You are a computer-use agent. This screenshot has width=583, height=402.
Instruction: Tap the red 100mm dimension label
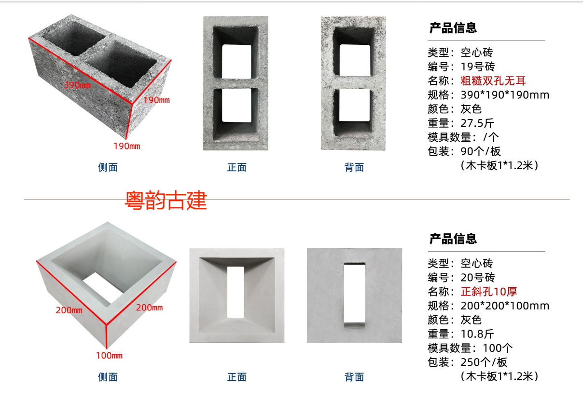point(109,356)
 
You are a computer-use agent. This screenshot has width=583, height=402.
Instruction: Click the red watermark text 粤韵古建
point(166,201)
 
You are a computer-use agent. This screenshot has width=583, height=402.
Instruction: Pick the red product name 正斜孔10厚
point(489,292)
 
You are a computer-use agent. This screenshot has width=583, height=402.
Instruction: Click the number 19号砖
point(478,67)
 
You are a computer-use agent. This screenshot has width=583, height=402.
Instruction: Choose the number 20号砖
point(478,278)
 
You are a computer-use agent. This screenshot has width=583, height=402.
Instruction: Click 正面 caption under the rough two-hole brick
point(236,168)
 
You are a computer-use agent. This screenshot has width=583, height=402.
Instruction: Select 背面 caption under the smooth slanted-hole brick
point(354,377)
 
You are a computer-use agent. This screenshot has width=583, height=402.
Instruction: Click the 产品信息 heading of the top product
point(453,28)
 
